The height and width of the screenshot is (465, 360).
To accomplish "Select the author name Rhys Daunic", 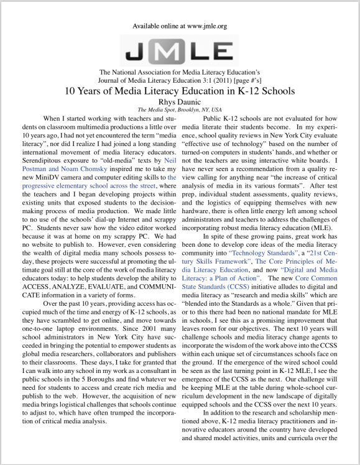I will tap(180, 102).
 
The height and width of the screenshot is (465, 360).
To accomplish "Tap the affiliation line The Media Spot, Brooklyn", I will tap(180, 110).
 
